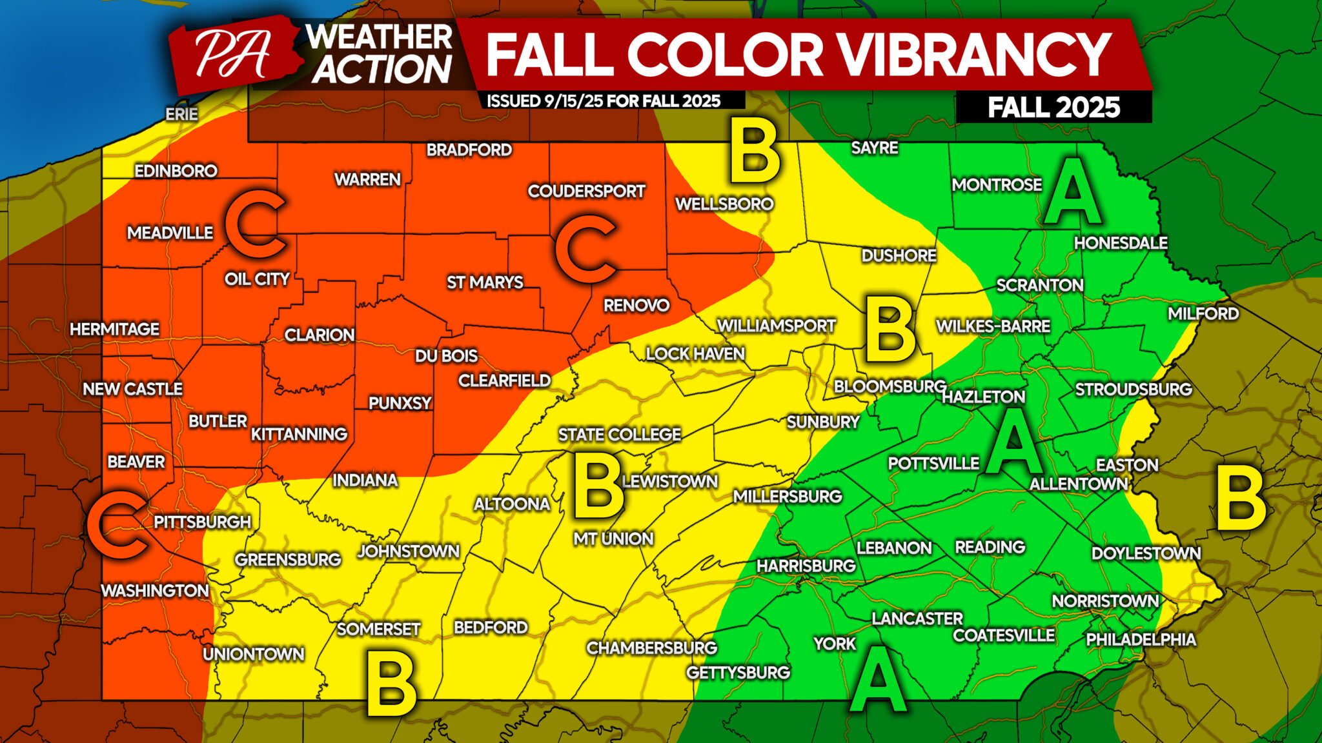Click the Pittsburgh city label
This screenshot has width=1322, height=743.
pos(202,522)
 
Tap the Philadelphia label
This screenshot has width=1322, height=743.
pos(1141,639)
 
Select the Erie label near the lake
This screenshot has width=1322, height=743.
pos(181,114)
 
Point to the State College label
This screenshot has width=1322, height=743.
pos(619,435)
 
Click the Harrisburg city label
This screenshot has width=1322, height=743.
pos(806,566)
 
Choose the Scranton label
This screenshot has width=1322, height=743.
pos(1039,285)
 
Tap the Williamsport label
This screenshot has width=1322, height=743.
pos(776,326)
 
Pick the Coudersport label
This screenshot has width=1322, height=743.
pos(586,191)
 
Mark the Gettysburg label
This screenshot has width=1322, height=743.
pos(738,672)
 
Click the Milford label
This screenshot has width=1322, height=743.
pos(1203,313)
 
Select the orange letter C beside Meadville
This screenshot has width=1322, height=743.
pos(256,224)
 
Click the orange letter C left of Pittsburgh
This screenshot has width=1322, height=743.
pos(117,524)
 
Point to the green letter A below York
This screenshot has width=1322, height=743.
pos(877,677)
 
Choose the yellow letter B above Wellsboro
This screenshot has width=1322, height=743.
pos(754,154)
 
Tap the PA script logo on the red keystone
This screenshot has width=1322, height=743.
pos(232,55)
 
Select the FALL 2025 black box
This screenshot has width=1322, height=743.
pos(1053,107)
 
